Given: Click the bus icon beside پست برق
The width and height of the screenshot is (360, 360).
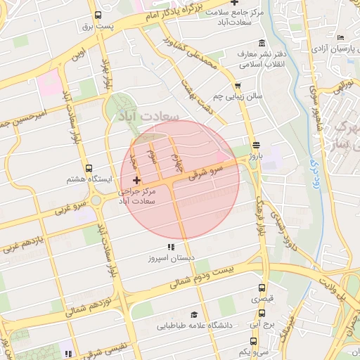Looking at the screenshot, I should click(97, 15).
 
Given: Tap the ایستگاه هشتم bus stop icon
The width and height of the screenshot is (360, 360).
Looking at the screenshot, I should click(89, 169).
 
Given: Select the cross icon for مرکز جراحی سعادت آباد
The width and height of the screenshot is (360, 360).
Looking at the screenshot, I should click(136, 181).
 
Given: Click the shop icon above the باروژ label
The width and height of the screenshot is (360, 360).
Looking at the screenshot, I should click(256, 145).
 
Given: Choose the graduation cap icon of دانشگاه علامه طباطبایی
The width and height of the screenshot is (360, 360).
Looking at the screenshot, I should click(194, 315).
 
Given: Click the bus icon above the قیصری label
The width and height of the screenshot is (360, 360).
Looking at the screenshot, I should click(262, 288).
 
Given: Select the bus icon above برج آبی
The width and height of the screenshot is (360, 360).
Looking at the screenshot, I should click(262, 315).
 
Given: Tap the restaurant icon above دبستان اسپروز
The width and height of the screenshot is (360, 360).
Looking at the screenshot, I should click(169, 247).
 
